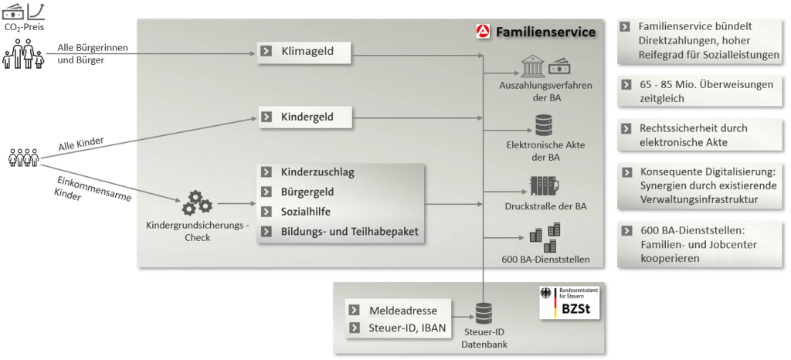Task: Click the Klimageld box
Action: pyautogui.click(x=304, y=53)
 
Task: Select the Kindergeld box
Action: pyautogui.click(x=304, y=117)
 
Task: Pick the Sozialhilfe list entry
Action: pyautogui.click(x=307, y=211)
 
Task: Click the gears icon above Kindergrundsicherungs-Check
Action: pyautogui.click(x=196, y=203)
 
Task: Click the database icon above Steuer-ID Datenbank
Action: pyautogui.click(x=484, y=313)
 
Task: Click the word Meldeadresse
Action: pyautogui.click(x=402, y=310)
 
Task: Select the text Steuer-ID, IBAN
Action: pyautogui.click(x=406, y=328)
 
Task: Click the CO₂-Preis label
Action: pyautogui.click(x=23, y=28)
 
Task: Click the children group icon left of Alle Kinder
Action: pyautogui.click(x=23, y=158)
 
